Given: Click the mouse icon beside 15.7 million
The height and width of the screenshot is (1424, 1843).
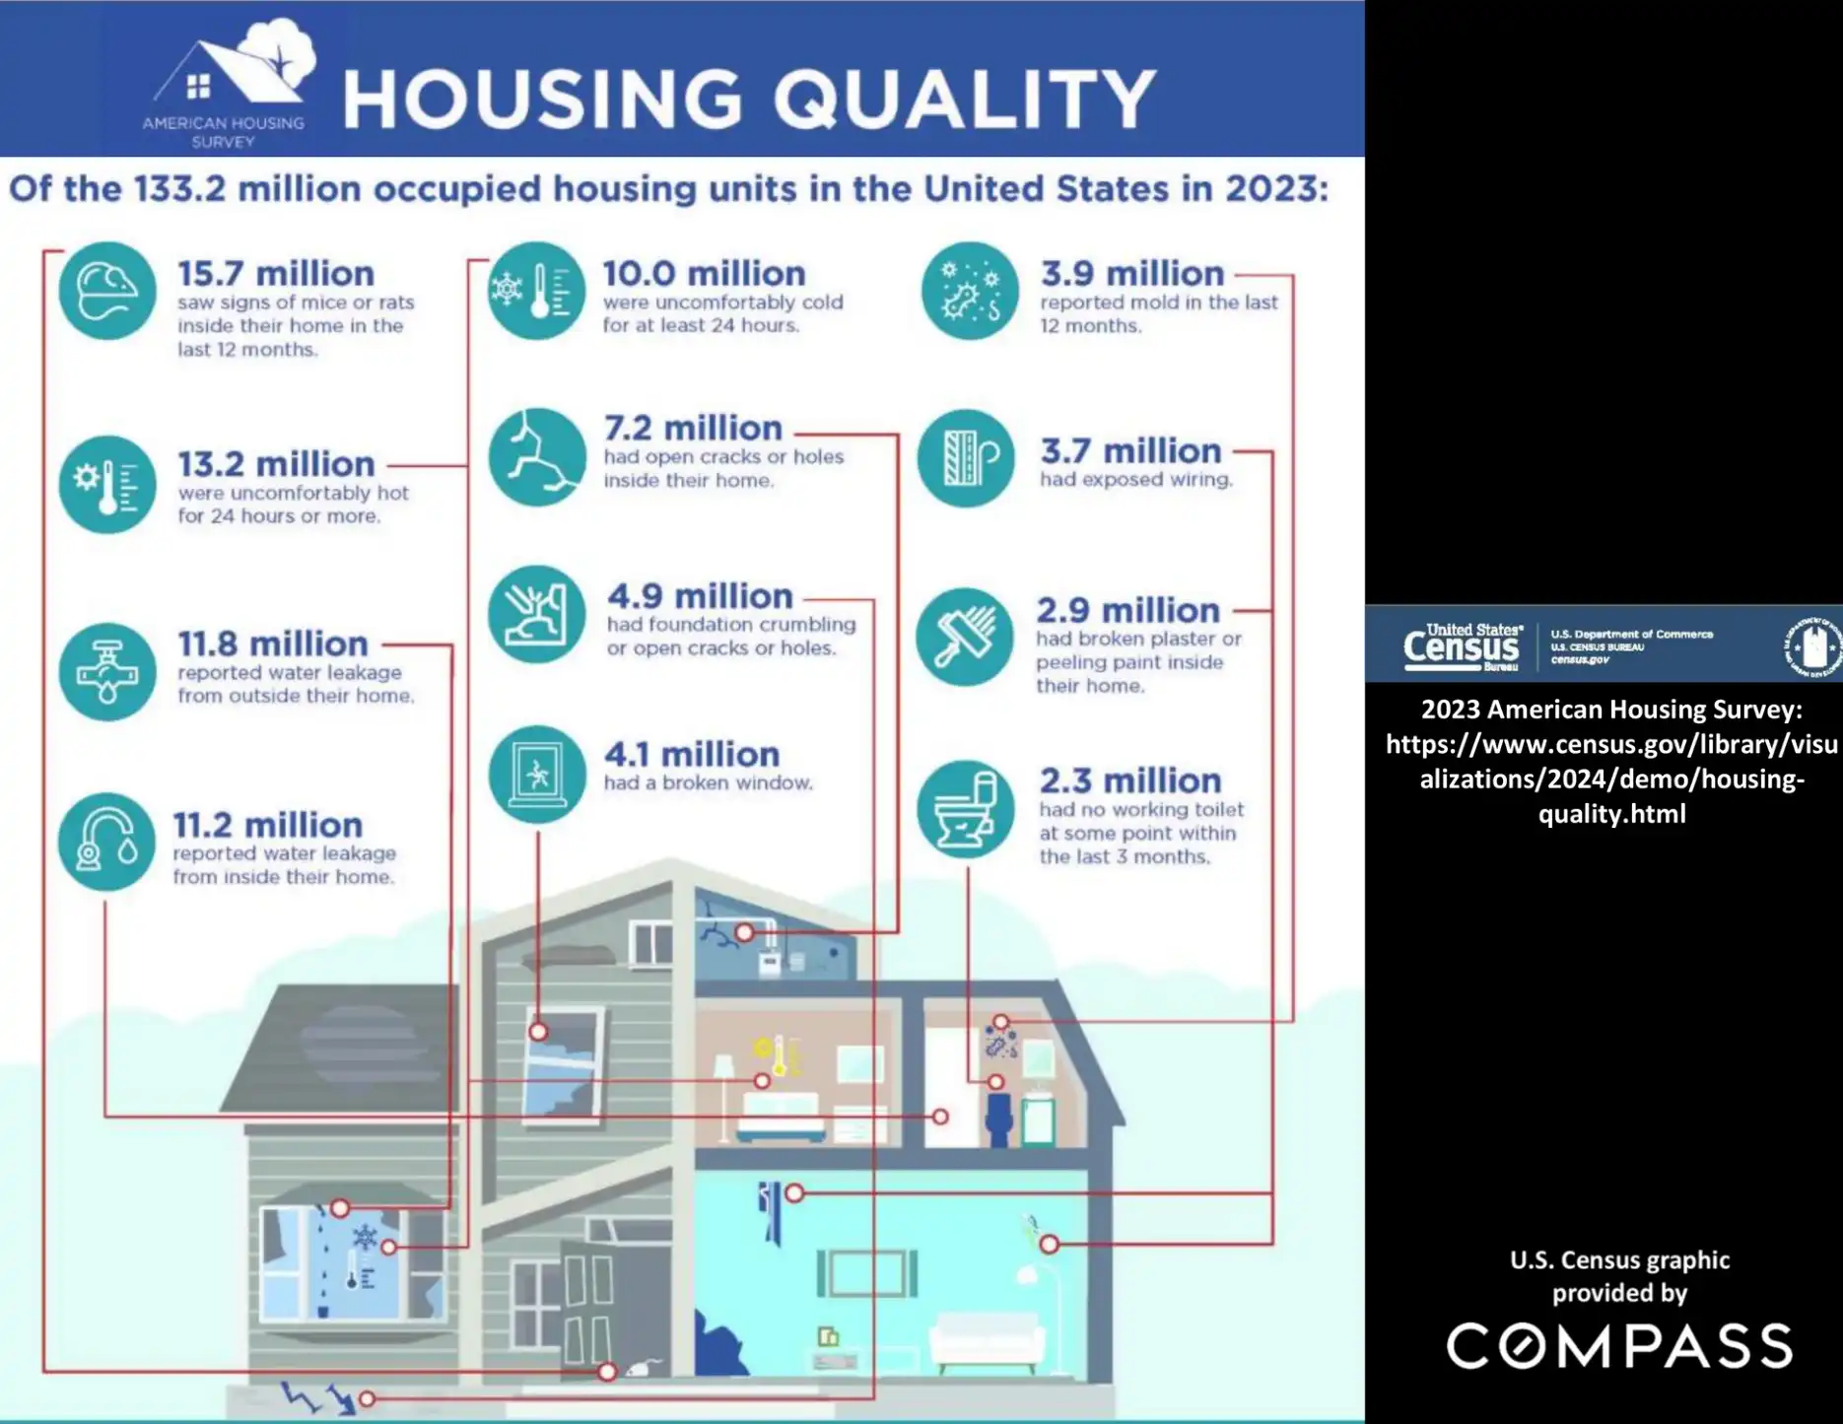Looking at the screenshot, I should (106, 291).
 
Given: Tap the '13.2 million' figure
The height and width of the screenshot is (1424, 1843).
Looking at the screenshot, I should (276, 463).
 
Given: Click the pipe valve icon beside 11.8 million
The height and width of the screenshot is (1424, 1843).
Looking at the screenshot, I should (106, 671).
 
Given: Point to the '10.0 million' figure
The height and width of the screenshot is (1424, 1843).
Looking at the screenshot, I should (704, 273).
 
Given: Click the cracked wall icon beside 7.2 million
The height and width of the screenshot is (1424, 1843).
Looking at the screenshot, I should (536, 457).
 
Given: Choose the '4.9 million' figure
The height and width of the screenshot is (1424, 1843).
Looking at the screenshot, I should (700, 595).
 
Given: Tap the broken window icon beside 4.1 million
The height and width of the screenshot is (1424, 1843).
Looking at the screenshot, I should (536, 774).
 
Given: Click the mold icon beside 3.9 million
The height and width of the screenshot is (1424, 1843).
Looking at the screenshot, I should (969, 291).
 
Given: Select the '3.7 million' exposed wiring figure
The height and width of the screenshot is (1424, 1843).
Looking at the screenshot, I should (1130, 450).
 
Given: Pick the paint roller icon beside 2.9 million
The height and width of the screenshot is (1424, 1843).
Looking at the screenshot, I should (964, 637).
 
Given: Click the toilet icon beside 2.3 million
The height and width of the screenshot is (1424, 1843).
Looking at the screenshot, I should (965, 808).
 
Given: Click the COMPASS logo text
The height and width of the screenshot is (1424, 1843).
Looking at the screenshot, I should (1619, 1346).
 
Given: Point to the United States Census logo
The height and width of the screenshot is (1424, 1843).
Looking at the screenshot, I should (1462, 646).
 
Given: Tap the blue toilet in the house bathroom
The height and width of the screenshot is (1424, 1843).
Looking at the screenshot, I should (998, 1118).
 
